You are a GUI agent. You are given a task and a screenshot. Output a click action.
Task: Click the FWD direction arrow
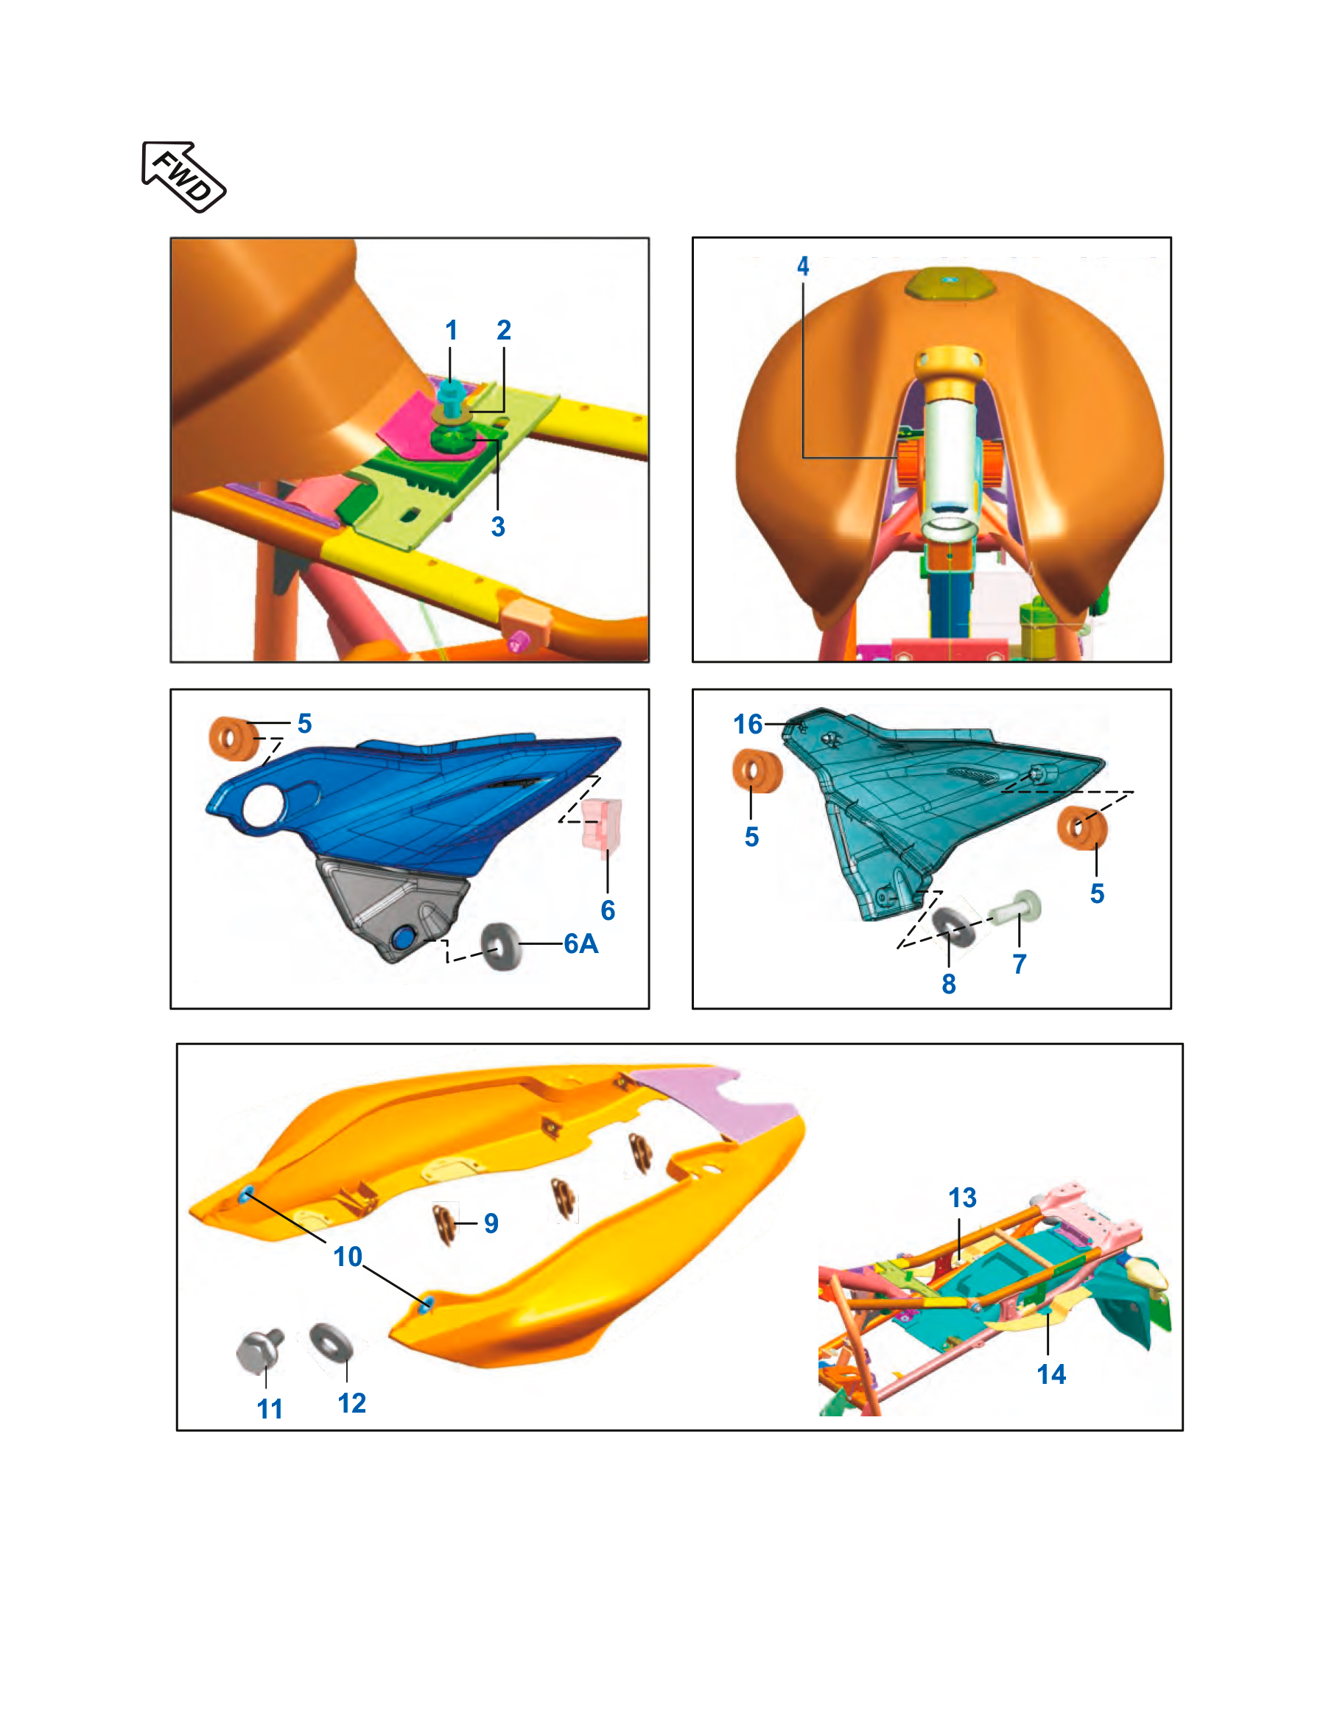183,177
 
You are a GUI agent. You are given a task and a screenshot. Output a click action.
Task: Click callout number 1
452,330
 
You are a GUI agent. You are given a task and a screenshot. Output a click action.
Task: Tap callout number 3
498,527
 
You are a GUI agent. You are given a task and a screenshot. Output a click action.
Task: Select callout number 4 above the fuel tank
803,266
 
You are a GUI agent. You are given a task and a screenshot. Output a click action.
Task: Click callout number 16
748,724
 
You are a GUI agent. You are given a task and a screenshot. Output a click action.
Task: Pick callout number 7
1020,963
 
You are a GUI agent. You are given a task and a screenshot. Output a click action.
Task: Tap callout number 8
949,984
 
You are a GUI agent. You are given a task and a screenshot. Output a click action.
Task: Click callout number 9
491,1223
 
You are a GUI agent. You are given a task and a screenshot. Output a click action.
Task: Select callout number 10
347,1256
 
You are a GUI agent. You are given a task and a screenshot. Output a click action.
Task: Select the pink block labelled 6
601,825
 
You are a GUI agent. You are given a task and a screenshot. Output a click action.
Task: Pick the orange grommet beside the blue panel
234,739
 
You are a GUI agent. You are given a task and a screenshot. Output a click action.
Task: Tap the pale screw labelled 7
1015,908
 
